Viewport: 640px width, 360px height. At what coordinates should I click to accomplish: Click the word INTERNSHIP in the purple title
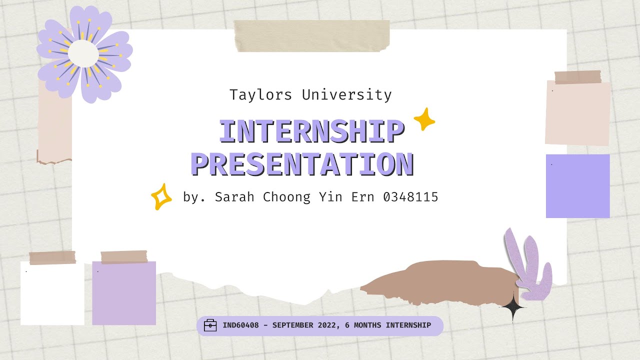310,132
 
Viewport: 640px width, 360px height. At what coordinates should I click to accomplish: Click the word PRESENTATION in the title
302,164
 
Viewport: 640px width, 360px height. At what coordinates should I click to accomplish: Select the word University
347,95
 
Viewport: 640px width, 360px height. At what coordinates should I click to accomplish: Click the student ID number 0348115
410,197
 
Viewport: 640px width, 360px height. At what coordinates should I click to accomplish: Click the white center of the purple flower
83,53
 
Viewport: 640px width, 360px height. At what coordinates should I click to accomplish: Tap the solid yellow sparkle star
424,119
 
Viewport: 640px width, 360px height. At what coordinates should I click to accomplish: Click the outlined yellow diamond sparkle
161,197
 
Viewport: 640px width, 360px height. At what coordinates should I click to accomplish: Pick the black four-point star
512,306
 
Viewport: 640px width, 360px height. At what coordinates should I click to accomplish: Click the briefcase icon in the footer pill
210,325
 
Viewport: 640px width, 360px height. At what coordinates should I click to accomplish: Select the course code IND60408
240,325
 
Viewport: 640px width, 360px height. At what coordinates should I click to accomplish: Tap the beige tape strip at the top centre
312,36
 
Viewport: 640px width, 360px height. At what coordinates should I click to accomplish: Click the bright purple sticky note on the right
577,186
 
